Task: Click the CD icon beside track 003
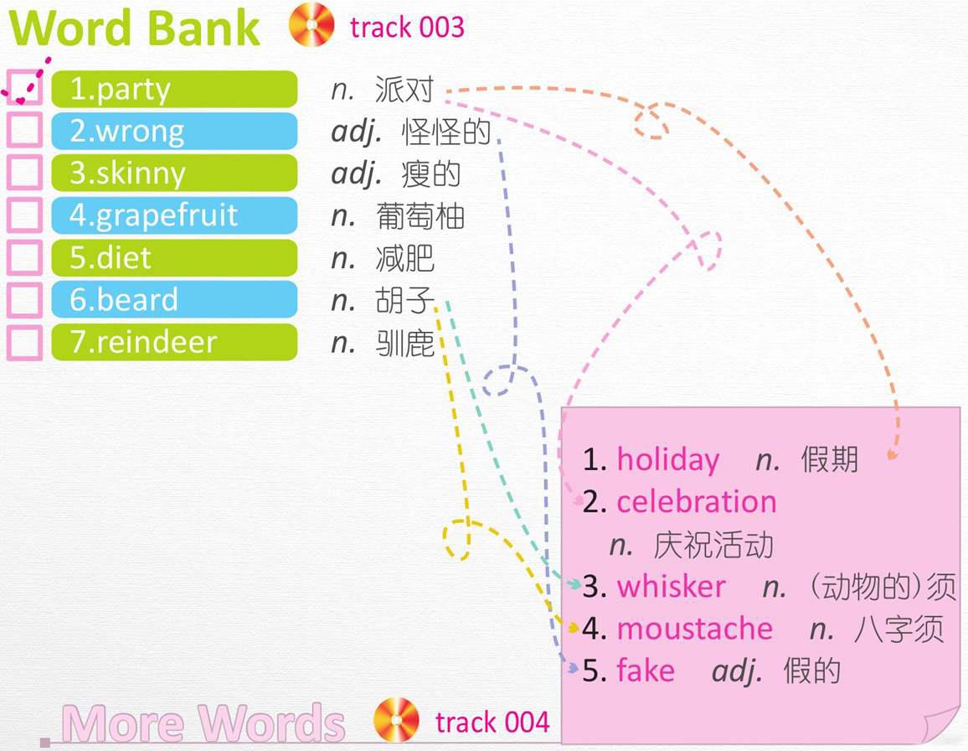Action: (312, 24)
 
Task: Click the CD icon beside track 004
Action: (396, 720)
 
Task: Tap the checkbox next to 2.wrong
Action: (24, 130)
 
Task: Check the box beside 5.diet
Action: (24, 257)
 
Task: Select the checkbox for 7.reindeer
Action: (24, 343)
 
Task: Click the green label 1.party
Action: (174, 89)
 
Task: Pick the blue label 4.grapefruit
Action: (174, 215)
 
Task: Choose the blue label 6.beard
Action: (174, 300)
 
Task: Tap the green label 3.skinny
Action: (174, 173)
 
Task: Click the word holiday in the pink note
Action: (668, 460)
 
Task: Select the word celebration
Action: (697, 501)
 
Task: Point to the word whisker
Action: (671, 586)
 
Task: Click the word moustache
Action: (694, 629)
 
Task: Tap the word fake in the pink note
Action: (646, 671)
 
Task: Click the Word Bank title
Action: (134, 27)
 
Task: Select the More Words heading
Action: (203, 723)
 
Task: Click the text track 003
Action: (407, 27)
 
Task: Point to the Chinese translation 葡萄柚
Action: (420, 216)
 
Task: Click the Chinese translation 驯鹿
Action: (405, 343)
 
